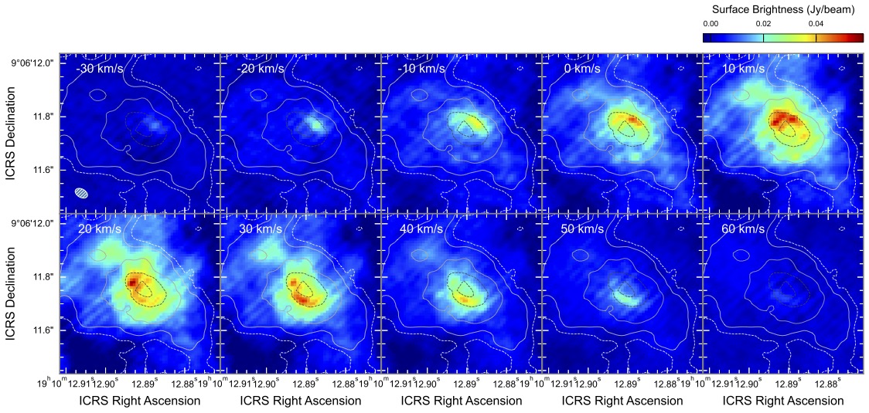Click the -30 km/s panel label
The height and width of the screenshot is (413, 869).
click(100, 68)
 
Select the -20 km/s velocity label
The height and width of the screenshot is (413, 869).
click(261, 68)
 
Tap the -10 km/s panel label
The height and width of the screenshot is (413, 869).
click(421, 68)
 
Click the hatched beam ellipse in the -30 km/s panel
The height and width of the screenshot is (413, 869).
click(82, 192)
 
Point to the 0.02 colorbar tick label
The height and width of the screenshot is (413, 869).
click(763, 24)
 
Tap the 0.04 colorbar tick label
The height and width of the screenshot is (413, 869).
click(816, 24)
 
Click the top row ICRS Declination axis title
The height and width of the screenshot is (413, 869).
click(10, 133)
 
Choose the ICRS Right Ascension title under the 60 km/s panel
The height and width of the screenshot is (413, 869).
click(783, 401)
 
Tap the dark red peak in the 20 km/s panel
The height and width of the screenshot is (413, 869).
click(132, 283)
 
